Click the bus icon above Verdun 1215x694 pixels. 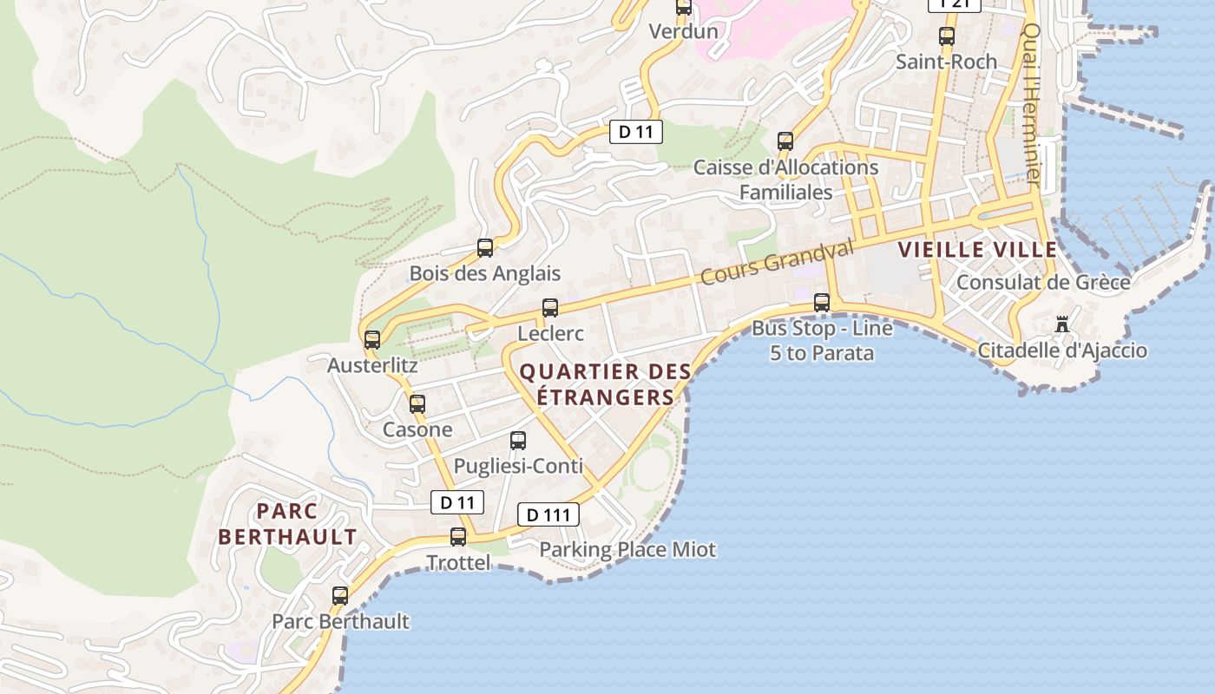pos(684,8)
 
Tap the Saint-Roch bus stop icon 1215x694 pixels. pos(947,37)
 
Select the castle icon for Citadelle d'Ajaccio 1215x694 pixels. pos(1061,325)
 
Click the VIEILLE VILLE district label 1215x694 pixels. pos(977,250)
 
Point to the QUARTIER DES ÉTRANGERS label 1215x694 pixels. pos(605,384)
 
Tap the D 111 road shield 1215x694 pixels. pos(548,514)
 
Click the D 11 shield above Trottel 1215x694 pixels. pos(457,502)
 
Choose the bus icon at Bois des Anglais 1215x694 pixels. pos(485,248)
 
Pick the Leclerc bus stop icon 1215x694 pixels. pos(550,308)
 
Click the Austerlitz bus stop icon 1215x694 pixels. pos(372,340)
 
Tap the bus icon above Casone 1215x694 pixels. pos(417,404)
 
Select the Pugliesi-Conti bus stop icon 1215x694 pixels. pos(518,441)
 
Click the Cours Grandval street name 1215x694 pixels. pos(777,263)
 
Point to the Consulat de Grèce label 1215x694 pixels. pos(1042,283)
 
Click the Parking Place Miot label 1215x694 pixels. pos(627,550)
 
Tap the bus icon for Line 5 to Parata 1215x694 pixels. pos(822,303)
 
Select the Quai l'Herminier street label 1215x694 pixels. pos(1031,104)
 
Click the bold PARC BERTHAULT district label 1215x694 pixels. pos(287,524)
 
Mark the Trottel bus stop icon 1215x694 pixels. pos(458,537)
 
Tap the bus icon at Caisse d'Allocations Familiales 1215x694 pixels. pos(785,141)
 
